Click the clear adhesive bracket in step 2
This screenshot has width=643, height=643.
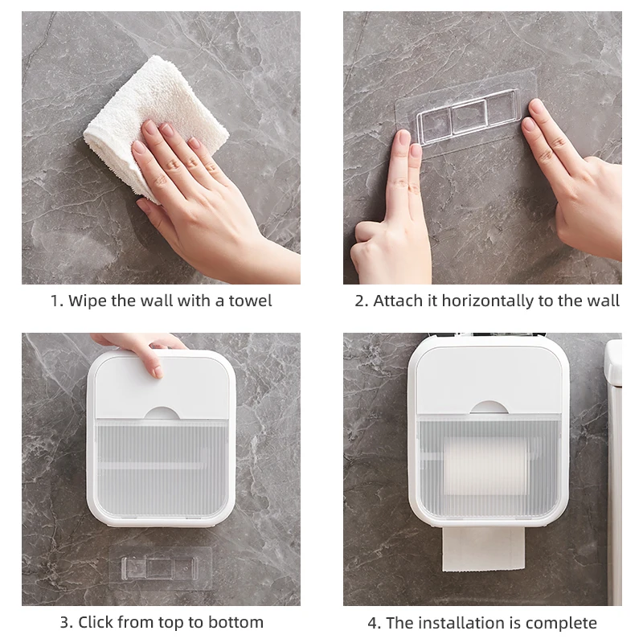point(469,116)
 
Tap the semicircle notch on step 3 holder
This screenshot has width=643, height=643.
point(162,414)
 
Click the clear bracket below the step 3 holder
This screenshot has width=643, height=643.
point(160,568)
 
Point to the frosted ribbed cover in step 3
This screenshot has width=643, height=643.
point(162,469)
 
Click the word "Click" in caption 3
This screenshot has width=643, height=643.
point(96,622)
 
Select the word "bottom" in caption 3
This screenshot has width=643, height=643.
point(235,622)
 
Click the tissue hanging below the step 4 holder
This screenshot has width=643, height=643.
point(484,548)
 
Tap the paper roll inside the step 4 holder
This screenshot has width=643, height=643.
point(486,466)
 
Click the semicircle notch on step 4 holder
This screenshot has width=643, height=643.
point(489,408)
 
